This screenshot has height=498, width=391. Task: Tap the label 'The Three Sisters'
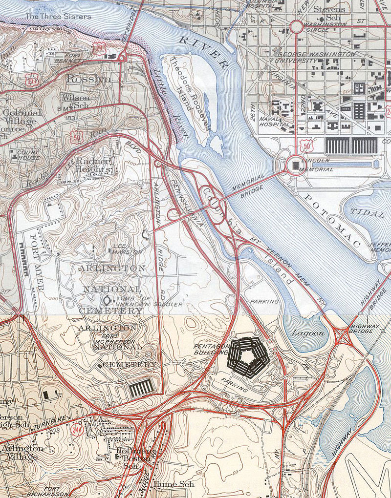click(x=58, y=16)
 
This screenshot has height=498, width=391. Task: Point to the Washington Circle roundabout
click(x=297, y=27)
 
